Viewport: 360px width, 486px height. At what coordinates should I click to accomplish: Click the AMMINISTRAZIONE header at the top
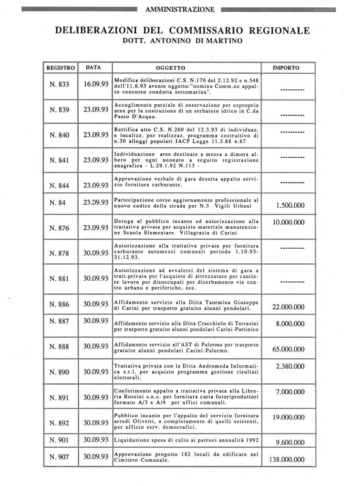click(x=180, y=9)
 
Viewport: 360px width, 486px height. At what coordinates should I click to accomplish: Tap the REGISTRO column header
click(x=61, y=68)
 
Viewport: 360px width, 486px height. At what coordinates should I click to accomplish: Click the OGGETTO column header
click(x=170, y=68)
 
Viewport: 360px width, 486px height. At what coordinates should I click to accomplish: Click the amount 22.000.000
click(x=288, y=307)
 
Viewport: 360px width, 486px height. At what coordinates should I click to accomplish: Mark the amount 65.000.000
click(x=288, y=349)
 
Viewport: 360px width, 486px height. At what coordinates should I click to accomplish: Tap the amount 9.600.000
click(x=288, y=442)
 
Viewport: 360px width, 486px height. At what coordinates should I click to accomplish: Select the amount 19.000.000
click(x=288, y=417)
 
